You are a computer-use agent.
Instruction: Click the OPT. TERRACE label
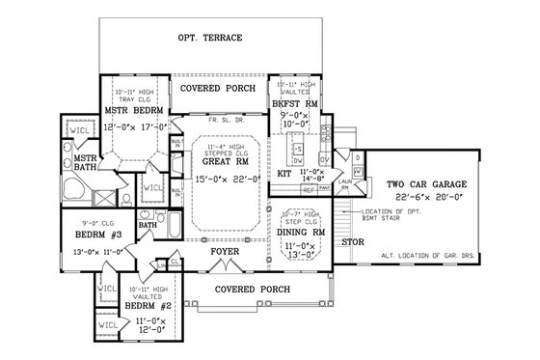click(x=209, y=39)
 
